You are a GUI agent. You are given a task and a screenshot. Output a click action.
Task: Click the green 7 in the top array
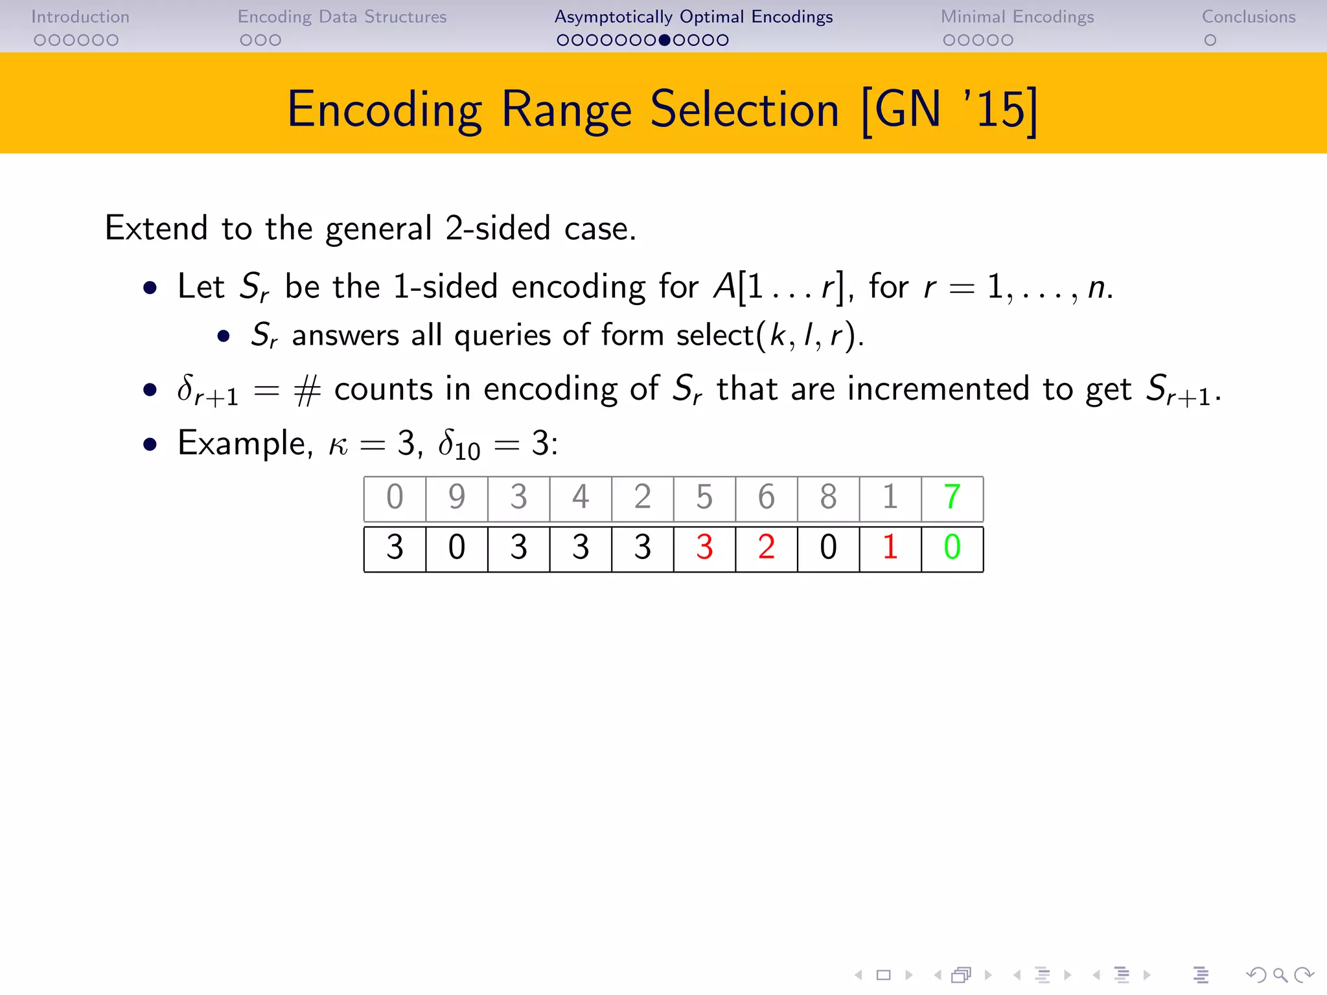(x=952, y=497)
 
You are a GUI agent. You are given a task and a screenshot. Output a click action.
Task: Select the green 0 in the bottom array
(x=952, y=547)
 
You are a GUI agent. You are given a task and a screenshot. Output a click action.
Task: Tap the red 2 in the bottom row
(x=767, y=547)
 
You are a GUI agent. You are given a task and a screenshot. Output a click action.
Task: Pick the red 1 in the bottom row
(x=890, y=547)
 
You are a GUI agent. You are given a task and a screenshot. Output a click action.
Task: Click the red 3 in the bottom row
(x=704, y=547)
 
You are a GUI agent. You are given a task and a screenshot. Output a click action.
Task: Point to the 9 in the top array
(x=457, y=497)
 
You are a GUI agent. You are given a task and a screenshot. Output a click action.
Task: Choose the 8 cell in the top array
(x=828, y=497)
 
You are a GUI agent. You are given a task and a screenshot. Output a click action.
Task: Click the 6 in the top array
(x=767, y=497)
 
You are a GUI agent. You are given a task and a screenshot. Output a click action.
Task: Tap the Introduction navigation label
(x=80, y=17)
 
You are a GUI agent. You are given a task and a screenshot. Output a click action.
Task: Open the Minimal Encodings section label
(x=1017, y=17)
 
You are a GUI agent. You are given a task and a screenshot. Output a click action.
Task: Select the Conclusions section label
(x=1249, y=17)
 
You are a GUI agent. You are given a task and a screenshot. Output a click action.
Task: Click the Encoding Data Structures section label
(x=342, y=17)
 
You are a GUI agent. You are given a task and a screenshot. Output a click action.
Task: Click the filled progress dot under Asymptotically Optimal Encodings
(x=664, y=40)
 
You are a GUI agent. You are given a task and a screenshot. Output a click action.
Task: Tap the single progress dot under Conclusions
(x=1210, y=40)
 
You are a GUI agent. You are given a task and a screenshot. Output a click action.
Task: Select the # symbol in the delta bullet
(x=307, y=391)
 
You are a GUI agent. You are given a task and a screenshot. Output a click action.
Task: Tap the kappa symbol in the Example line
(x=338, y=446)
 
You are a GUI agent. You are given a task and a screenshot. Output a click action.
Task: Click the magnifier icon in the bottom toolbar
(x=1280, y=974)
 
